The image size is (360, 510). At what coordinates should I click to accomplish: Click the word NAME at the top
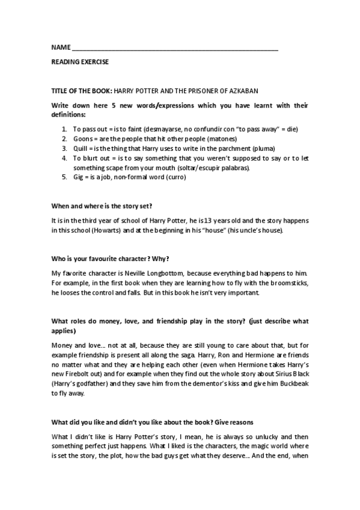point(59,47)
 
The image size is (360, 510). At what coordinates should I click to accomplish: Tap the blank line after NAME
point(174,48)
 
